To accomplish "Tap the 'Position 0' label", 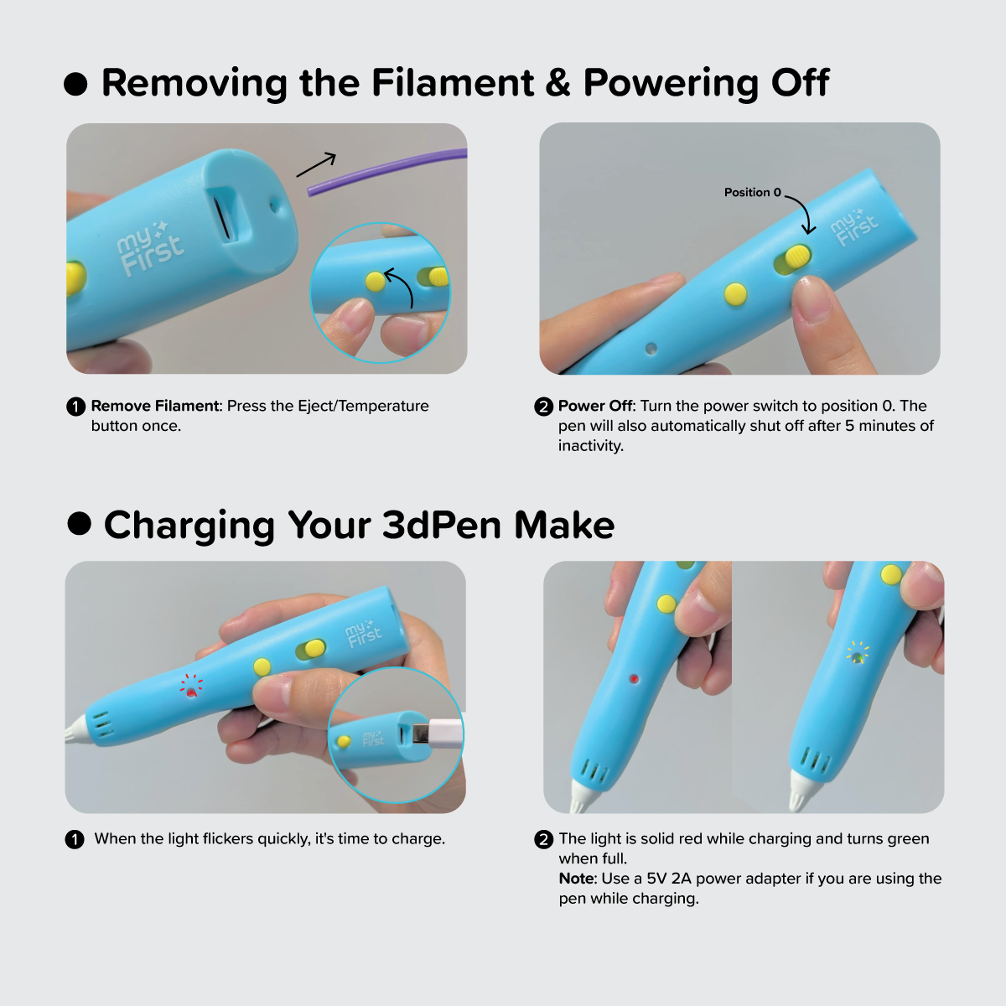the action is click(752, 193).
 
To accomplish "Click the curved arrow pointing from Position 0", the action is click(802, 212).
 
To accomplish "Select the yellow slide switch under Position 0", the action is click(797, 257).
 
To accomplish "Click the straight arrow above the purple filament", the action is click(316, 164).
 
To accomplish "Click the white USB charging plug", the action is click(438, 733).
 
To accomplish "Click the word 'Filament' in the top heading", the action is click(453, 82).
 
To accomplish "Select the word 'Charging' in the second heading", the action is click(189, 525).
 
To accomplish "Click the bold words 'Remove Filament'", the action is click(154, 406).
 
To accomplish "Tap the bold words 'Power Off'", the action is click(595, 406).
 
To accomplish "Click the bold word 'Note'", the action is click(576, 878).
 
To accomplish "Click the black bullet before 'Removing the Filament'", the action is click(75, 84).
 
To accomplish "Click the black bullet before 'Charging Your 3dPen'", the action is click(80, 523).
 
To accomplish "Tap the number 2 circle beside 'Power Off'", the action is click(543, 407).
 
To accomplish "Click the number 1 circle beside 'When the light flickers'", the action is click(75, 839).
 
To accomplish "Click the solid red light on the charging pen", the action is click(634, 679).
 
